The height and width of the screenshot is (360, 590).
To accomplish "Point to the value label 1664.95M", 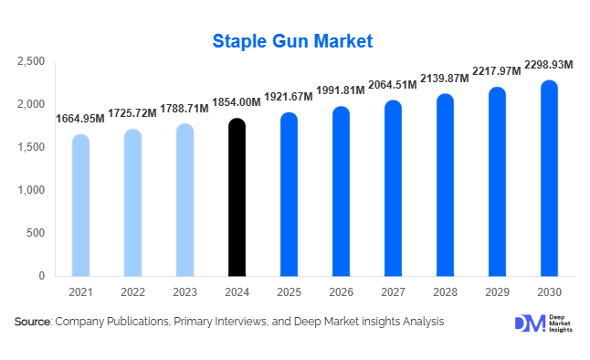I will [x=80, y=120].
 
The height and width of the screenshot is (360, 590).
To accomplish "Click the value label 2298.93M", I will [x=548, y=65].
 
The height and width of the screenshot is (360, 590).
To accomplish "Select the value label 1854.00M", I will [x=237, y=104].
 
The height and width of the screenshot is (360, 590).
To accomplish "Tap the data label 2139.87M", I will [x=444, y=79].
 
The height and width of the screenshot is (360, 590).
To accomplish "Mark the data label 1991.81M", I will [x=341, y=91].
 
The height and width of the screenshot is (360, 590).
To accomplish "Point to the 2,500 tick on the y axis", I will [x=31, y=61].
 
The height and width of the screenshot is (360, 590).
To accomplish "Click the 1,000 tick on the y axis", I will [x=31, y=190].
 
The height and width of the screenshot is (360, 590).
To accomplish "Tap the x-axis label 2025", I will [x=289, y=291].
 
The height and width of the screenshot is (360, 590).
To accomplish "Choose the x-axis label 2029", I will [x=497, y=291].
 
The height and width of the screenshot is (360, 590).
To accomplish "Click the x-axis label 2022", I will [x=132, y=291].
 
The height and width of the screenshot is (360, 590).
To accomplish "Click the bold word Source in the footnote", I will [x=33, y=322].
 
